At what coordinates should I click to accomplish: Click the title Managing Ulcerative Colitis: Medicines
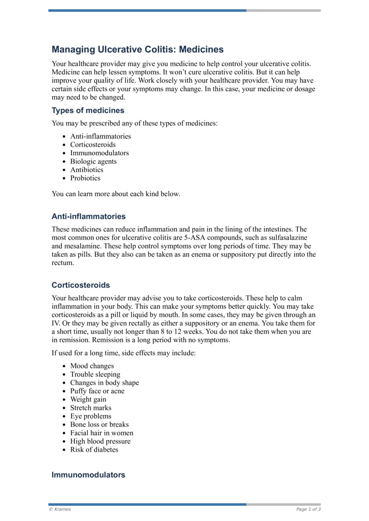(137, 49)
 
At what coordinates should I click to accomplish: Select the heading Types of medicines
(88, 111)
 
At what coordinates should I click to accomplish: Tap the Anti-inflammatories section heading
(88, 216)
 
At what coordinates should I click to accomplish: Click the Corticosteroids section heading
(81, 285)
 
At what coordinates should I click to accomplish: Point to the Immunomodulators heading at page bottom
(88, 475)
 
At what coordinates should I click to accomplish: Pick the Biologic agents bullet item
(93, 161)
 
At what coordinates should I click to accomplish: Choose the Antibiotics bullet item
(87, 170)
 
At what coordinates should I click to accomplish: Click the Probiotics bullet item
(85, 178)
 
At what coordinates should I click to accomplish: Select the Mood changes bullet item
(92, 366)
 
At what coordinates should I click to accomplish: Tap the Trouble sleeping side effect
(95, 375)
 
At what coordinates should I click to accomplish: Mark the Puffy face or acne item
(97, 391)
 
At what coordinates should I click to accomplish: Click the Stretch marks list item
(90, 408)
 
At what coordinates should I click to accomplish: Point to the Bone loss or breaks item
(99, 424)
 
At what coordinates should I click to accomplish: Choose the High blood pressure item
(100, 441)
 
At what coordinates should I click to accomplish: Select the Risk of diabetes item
(94, 450)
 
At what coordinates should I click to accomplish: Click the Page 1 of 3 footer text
(308, 509)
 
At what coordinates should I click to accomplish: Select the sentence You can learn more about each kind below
(116, 193)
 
